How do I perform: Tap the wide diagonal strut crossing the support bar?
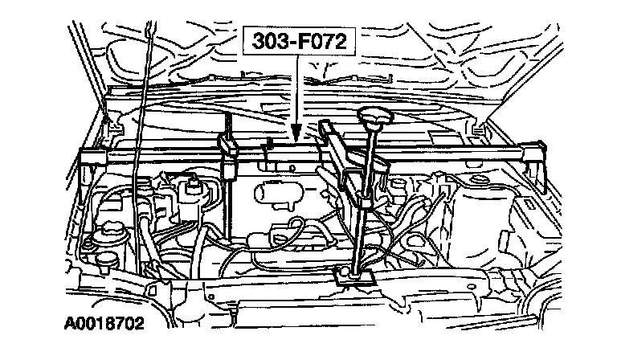click(x=341, y=157)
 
